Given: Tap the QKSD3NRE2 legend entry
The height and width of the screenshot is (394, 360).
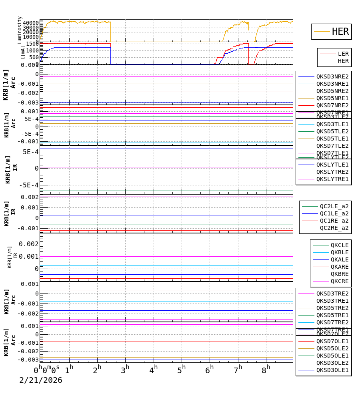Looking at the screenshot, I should tap(332, 76).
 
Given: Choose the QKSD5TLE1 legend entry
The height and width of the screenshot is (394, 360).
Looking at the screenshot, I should tap(332, 139).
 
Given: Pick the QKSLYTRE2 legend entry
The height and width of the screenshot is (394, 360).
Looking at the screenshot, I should tap(332, 172).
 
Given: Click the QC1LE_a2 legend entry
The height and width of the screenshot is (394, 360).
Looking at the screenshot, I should tap(334, 213).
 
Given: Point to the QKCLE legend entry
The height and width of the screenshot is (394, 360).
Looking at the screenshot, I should tap(339, 245).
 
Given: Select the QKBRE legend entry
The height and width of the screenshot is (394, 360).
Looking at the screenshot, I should tap(339, 274).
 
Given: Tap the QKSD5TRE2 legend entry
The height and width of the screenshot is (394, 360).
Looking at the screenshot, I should tap(332, 308).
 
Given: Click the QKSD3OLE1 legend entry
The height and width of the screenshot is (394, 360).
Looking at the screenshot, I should tap(332, 370).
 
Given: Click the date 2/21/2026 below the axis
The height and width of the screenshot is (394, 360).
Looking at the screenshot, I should tap(41, 380).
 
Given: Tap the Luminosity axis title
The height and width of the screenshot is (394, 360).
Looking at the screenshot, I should tap(20, 30).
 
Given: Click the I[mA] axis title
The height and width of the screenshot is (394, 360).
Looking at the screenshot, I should tap(23, 53).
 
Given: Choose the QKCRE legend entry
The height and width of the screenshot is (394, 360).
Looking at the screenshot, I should tap(339, 281).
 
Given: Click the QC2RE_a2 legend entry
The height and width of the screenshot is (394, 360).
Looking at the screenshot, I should tap(334, 228).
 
